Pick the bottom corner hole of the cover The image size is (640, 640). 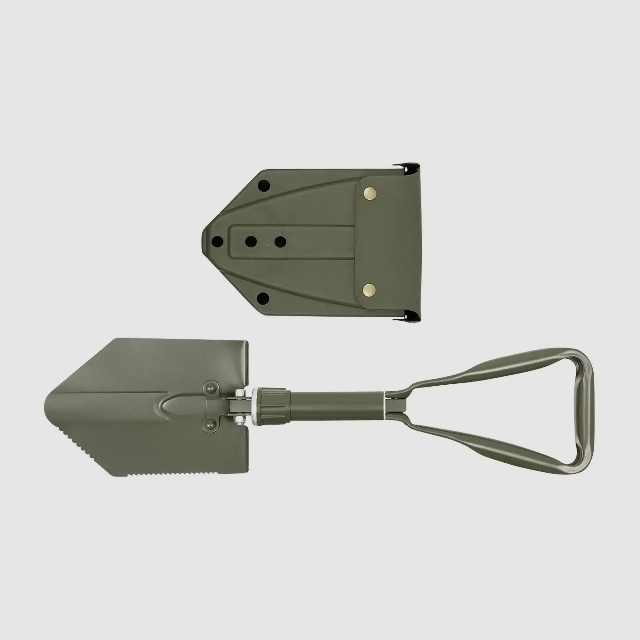(263, 298)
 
